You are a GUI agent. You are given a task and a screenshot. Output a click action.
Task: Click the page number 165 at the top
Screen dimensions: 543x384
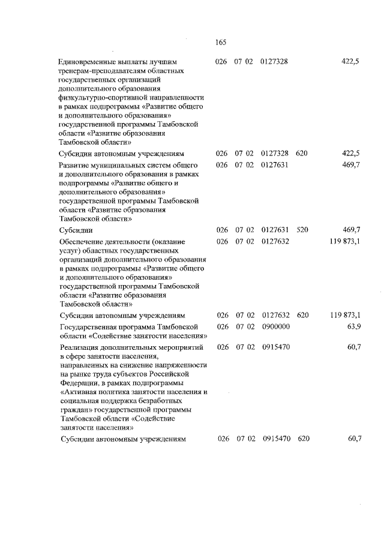tap(219, 42)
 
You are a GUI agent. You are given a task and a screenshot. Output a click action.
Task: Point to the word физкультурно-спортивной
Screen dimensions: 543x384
tap(100, 97)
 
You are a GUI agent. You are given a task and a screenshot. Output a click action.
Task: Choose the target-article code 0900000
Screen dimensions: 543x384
tap(276, 326)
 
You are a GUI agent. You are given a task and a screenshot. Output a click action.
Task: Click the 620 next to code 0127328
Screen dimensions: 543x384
tap(302, 154)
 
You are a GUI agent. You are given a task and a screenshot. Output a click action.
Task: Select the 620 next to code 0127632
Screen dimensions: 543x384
tap(302, 315)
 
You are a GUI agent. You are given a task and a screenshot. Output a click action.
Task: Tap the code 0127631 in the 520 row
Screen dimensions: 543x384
tap(276, 230)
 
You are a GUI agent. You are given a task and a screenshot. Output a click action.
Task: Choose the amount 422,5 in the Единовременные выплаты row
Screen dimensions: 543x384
tap(350, 61)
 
